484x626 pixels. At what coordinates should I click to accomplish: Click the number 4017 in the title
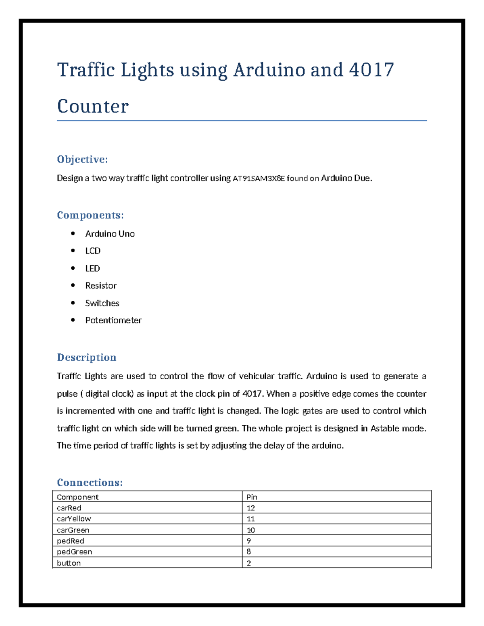pyautogui.click(x=371, y=70)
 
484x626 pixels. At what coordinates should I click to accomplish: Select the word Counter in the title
pyautogui.click(x=93, y=106)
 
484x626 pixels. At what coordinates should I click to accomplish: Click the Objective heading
pyautogui.click(x=82, y=160)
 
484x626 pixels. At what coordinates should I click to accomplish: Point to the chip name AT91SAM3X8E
pyautogui.click(x=259, y=179)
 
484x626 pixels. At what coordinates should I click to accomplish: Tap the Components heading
pyautogui.click(x=90, y=215)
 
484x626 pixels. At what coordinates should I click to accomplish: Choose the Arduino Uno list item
pyautogui.click(x=110, y=234)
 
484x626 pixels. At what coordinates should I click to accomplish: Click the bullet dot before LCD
pyautogui.click(x=73, y=251)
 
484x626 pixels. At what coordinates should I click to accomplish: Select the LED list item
pyautogui.click(x=92, y=268)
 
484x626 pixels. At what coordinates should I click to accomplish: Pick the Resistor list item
pyautogui.click(x=101, y=286)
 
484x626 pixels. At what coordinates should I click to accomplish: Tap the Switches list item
pyautogui.click(x=102, y=303)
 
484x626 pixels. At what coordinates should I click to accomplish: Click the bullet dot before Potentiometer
pyautogui.click(x=73, y=320)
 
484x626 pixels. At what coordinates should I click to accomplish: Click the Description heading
pyautogui.click(x=86, y=358)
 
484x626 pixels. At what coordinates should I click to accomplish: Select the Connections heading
pyautogui.click(x=90, y=482)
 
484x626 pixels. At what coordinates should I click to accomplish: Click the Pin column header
pyautogui.click(x=252, y=497)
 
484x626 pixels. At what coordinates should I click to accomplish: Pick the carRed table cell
pyautogui.click(x=69, y=508)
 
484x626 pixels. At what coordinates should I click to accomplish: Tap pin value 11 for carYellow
pyautogui.click(x=250, y=519)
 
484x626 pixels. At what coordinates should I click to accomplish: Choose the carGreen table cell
pyautogui.click(x=73, y=530)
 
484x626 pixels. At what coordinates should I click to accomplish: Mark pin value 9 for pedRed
pyautogui.click(x=249, y=541)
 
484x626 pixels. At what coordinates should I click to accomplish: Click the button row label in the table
pyautogui.click(x=69, y=563)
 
